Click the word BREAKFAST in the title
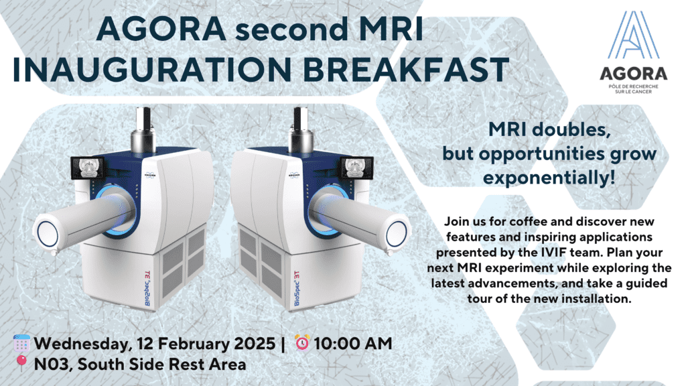click(406, 69)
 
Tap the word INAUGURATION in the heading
click(153, 69)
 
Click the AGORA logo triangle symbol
click(633, 35)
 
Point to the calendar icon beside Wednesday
click(21, 344)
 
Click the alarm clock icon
click(302, 343)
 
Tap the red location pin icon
click(21, 363)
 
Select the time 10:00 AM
click(352, 344)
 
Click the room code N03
click(54, 364)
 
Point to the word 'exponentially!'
click(549, 178)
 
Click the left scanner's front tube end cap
click(48, 233)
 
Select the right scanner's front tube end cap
click(397, 233)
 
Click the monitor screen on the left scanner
click(87, 168)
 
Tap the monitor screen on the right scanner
click(357, 168)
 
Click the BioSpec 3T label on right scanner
click(297, 288)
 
